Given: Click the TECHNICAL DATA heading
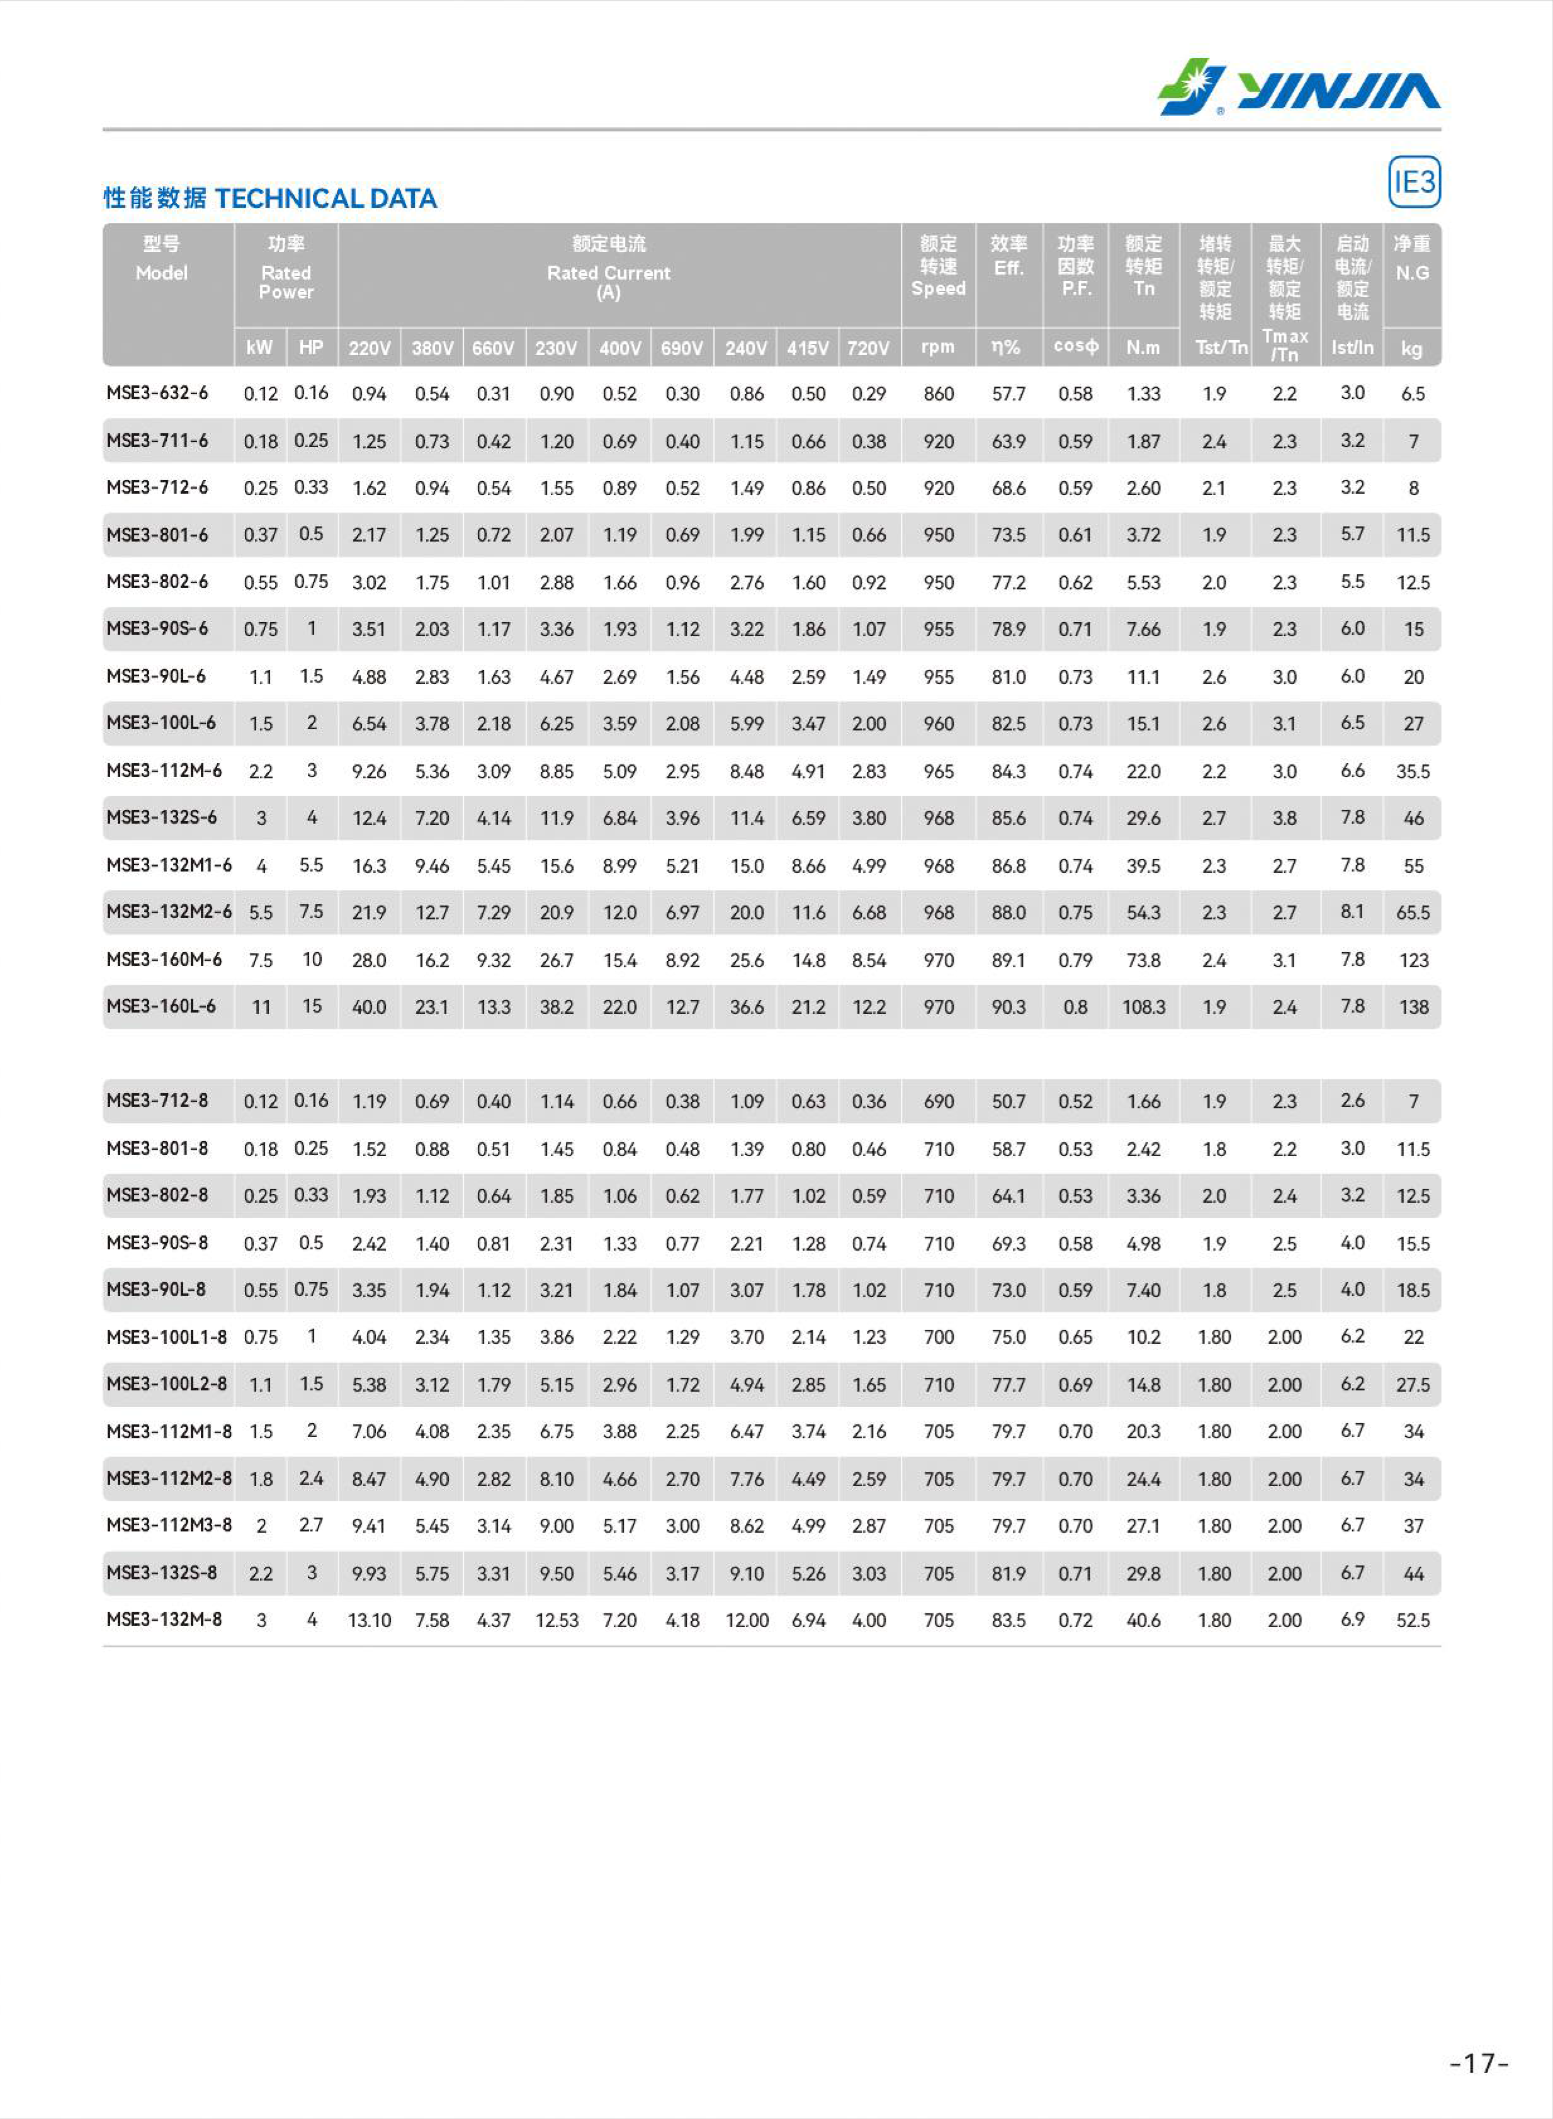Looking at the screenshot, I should tap(325, 198).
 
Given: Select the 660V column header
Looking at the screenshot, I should tap(493, 348).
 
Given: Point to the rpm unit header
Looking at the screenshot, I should tap(937, 347).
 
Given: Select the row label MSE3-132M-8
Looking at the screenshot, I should tap(164, 1619).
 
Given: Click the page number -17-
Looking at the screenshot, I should tap(1479, 2064).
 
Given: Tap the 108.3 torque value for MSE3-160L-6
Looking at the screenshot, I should tap(1143, 1007).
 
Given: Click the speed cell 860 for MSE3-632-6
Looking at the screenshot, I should tap(938, 394).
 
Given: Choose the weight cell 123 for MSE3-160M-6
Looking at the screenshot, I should tap(1413, 960).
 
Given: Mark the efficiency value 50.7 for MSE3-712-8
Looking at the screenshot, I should tap(1008, 1101).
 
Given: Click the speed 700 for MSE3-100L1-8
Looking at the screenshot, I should tap(938, 1337).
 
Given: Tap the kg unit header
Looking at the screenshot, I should tap(1411, 349).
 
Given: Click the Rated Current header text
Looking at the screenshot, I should tap(608, 273).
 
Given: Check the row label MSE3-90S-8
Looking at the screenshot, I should tap(157, 1243).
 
